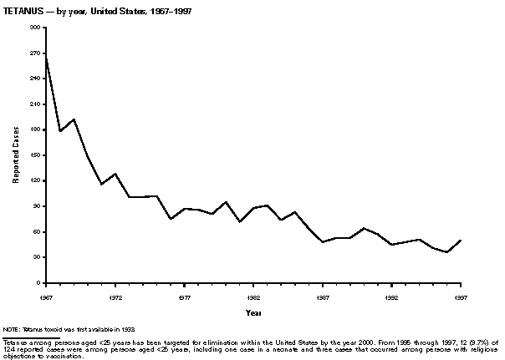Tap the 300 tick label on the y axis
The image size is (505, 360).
(36, 28)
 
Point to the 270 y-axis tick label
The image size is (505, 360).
(36, 53)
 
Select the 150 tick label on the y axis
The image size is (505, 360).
(36, 155)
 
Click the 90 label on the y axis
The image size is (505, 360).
(38, 206)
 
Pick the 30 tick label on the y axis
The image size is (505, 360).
(38, 257)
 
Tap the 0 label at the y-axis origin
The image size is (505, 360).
(39, 283)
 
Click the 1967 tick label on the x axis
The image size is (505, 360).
(46, 297)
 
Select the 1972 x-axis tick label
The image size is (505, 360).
(115, 297)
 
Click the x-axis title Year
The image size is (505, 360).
(252, 313)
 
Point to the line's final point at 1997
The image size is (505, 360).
(461, 241)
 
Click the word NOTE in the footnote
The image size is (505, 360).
(11, 332)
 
